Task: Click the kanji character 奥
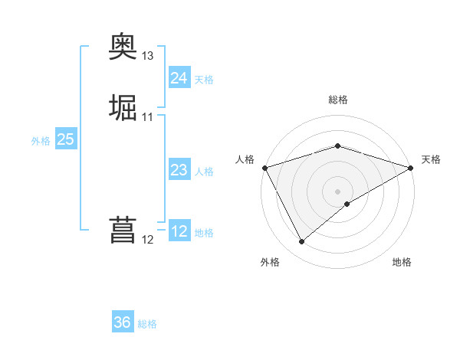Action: (123, 48)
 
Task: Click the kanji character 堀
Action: (123, 108)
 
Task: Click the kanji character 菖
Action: (123, 231)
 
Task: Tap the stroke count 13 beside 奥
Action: (148, 56)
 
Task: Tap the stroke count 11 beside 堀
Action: (148, 116)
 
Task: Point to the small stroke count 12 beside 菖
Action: (148, 240)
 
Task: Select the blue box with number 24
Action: (179, 78)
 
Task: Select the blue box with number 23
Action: (179, 170)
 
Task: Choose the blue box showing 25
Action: (65, 139)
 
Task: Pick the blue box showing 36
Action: (123, 322)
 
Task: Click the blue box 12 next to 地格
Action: (179, 231)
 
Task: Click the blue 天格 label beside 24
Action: (204, 80)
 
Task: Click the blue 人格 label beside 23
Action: (204, 172)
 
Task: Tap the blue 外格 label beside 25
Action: (41, 141)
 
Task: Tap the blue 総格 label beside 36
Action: (147, 324)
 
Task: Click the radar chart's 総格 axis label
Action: (337, 100)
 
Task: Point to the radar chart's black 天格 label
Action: (431, 159)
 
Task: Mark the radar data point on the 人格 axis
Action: (264, 168)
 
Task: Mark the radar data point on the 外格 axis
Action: (301, 242)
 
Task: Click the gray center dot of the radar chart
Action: (337, 191)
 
